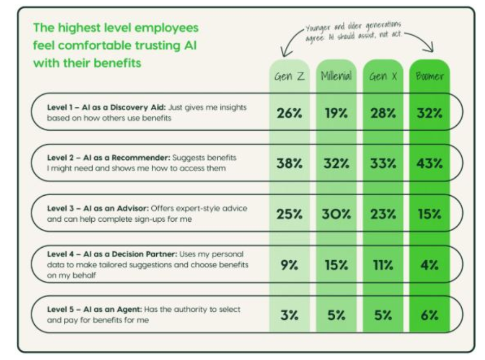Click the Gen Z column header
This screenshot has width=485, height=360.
pyautogui.click(x=290, y=76)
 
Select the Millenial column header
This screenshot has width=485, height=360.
pyautogui.click(x=336, y=76)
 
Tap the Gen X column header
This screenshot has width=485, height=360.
pyautogui.click(x=383, y=76)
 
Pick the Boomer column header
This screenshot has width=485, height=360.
pyautogui.click(x=430, y=76)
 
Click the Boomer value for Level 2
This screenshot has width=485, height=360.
pyautogui.click(x=430, y=163)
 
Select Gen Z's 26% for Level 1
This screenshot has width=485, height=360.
pyautogui.click(x=290, y=113)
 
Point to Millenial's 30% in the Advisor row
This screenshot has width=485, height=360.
pyautogui.click(x=336, y=214)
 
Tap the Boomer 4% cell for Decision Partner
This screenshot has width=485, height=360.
pyautogui.click(x=430, y=265)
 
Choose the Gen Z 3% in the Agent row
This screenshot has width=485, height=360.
pyautogui.click(x=290, y=315)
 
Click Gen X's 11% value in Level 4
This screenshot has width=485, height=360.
pyautogui.click(x=383, y=265)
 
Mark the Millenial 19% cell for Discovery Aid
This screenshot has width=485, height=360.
pyautogui.click(x=336, y=113)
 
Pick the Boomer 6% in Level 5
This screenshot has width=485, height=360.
pyautogui.click(x=430, y=315)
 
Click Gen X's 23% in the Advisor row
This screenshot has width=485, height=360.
pyautogui.click(x=383, y=214)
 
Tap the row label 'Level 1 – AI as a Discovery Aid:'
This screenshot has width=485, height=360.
pyautogui.click(x=106, y=107)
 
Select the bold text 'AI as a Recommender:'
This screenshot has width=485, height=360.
pyautogui.click(x=127, y=158)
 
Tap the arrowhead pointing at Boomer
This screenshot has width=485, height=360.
pyautogui.click(x=430, y=48)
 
